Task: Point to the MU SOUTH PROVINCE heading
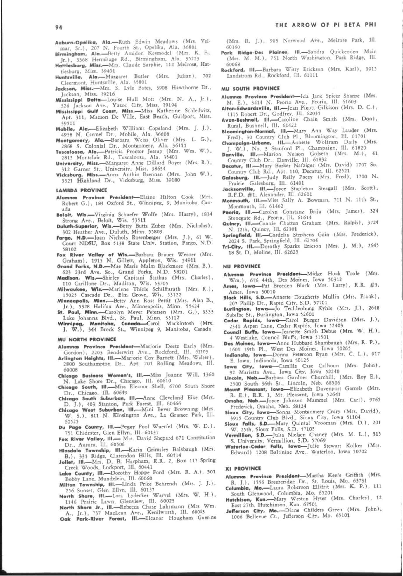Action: click(x=250, y=89)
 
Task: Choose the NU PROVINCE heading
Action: click(x=241, y=266)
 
